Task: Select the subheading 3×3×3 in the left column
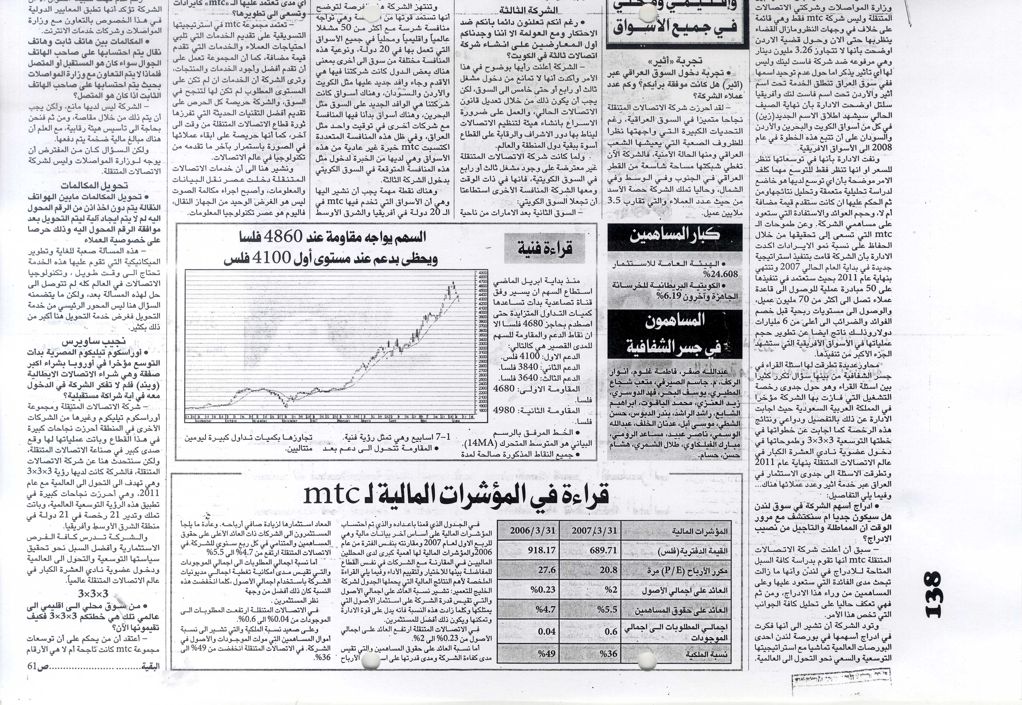[93, 593]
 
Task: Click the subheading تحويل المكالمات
[94, 186]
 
